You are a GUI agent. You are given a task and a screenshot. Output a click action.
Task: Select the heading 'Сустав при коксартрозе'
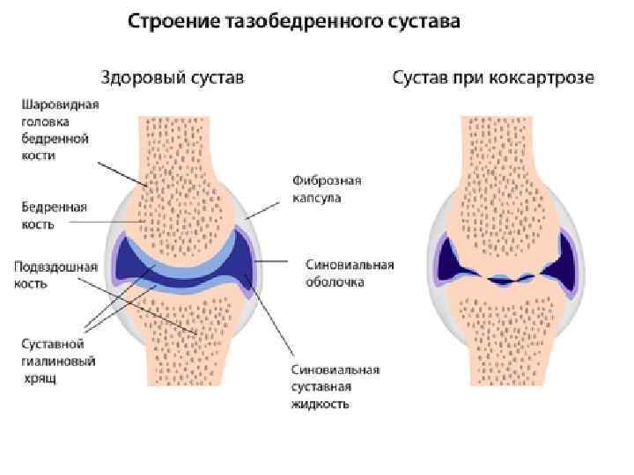(x=493, y=78)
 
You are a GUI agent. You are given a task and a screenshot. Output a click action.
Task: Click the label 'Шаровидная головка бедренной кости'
(x=60, y=129)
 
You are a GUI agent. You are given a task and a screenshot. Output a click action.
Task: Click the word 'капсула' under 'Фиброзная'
(x=317, y=198)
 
